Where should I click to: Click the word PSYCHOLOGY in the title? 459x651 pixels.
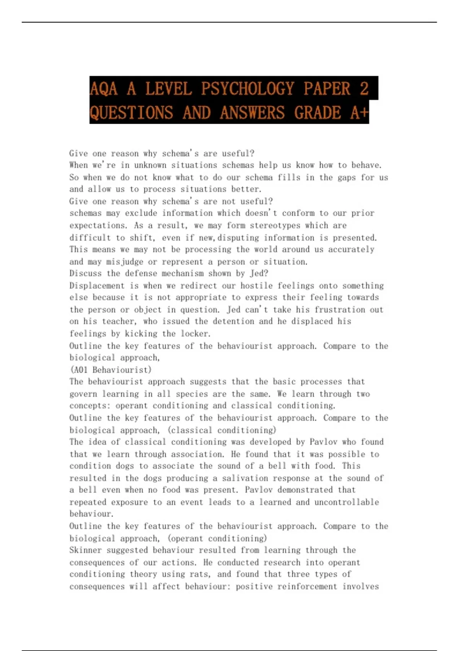[x=247, y=89]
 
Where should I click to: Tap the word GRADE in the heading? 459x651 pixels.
[x=317, y=113]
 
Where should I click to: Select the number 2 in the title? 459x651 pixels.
[x=364, y=89]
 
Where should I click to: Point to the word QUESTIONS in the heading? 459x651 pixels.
[x=131, y=113]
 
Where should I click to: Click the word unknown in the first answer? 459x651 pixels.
[x=150, y=165]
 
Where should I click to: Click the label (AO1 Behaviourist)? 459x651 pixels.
[x=111, y=370]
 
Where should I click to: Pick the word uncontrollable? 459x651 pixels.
[x=347, y=502]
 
